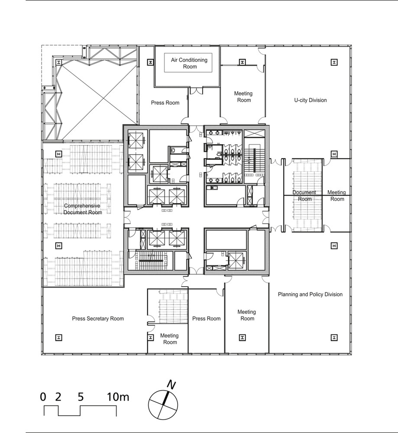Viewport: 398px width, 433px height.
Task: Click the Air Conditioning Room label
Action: point(189,63)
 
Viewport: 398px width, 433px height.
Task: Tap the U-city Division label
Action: point(311,100)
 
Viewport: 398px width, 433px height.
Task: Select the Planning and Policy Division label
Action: point(310,294)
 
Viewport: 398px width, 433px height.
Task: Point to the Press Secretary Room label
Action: point(98,318)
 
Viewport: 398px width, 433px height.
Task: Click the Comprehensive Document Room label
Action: point(82,209)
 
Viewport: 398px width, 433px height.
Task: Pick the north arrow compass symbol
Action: point(163,405)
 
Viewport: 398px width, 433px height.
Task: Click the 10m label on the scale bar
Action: point(118,397)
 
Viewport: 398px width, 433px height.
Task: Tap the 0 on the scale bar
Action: point(43,397)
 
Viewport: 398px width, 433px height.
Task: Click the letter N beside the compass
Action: point(171,385)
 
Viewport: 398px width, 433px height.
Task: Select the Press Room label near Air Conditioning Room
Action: point(165,103)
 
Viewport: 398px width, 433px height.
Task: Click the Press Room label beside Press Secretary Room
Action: point(206,318)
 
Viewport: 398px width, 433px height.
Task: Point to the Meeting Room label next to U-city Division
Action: point(243,97)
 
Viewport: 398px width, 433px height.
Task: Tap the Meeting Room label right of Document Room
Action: point(337,196)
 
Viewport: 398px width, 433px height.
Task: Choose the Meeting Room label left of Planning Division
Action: point(247,315)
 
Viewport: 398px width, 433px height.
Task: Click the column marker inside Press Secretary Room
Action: point(58,337)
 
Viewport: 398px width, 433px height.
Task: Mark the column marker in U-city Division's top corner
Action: point(334,62)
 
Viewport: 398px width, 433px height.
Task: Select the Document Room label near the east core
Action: point(304,196)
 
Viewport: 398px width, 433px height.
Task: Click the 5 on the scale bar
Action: point(81,397)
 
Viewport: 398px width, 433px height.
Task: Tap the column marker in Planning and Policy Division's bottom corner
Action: point(334,337)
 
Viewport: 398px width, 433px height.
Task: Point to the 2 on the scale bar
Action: point(58,397)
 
